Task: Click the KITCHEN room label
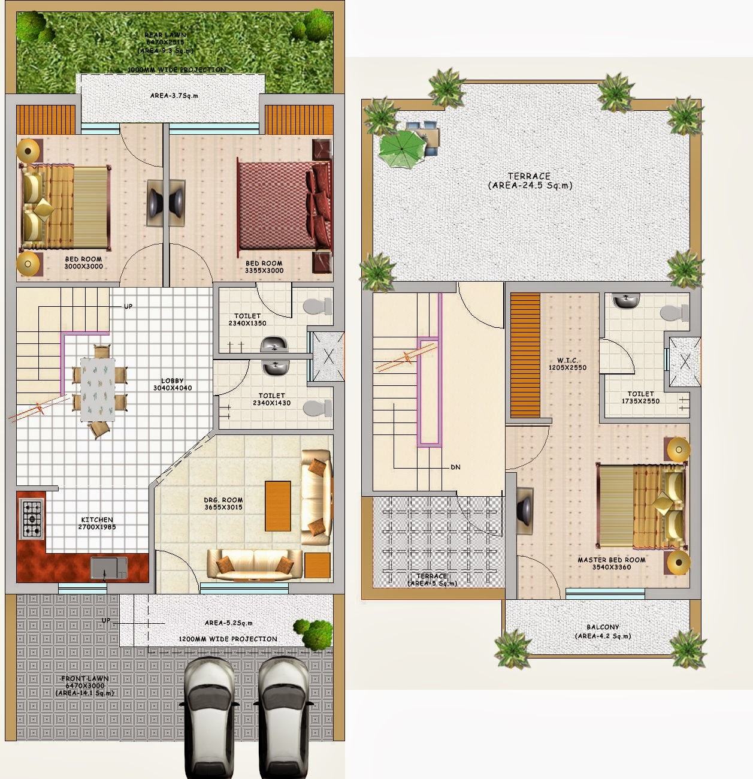[x=97, y=523]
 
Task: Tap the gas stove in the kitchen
[x=32, y=519]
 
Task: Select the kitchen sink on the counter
[x=108, y=567]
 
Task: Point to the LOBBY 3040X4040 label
[x=173, y=384]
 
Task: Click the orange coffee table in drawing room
[x=278, y=506]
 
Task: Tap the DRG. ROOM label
[x=223, y=503]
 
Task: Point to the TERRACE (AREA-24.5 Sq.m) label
[x=530, y=181]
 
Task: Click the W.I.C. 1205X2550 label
[x=567, y=364]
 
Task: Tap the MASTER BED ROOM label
[x=611, y=563]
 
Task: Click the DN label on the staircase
[x=456, y=467]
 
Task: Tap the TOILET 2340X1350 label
[x=247, y=319]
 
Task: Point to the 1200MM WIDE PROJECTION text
[x=228, y=639]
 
